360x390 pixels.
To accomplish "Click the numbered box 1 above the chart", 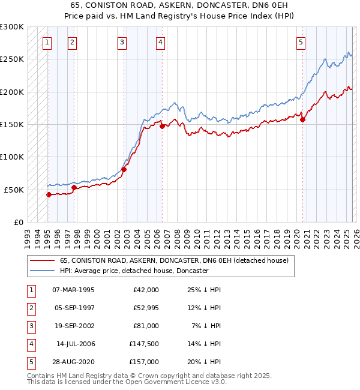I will pyautogui.click(x=47, y=42).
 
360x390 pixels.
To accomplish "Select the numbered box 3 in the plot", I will pyautogui.click(x=122, y=42).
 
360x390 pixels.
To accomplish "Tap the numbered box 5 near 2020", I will pyautogui.click(x=301, y=42).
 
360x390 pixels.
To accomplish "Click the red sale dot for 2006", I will pyautogui.click(x=162, y=126).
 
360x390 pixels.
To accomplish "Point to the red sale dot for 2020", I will pyautogui.click(x=302, y=119).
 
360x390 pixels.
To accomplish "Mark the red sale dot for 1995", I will pyautogui.click(x=49, y=194).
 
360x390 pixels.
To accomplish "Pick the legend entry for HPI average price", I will pyautogui.click(x=134, y=271).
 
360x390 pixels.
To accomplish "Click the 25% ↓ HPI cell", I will pyautogui.click(x=203, y=289).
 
